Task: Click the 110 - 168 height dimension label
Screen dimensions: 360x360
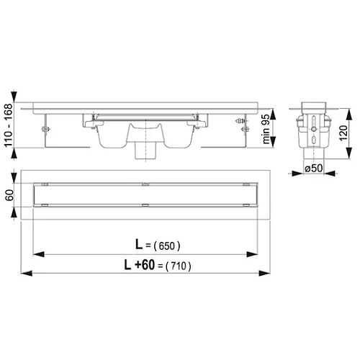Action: tap(9, 122)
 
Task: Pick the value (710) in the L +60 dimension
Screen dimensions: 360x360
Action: tap(177, 265)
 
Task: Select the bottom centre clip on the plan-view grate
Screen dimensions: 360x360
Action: tap(145, 206)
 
